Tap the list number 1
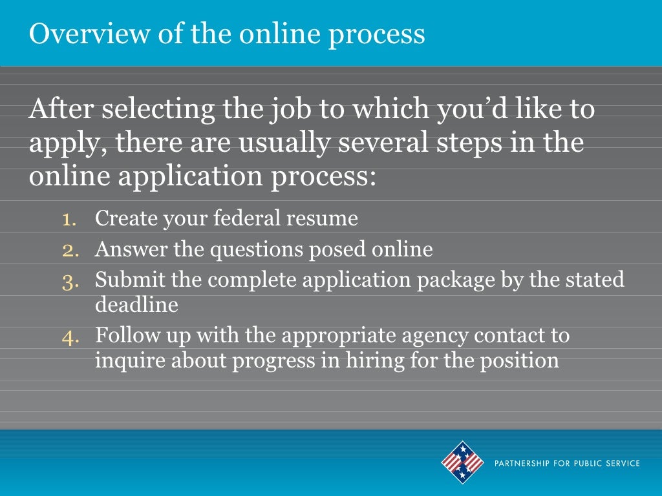(x=70, y=219)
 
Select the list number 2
(x=70, y=249)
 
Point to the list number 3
(x=70, y=280)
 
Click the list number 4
(x=70, y=336)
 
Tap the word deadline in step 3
(x=136, y=304)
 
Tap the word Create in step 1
(x=126, y=219)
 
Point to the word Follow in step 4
(x=123, y=336)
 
